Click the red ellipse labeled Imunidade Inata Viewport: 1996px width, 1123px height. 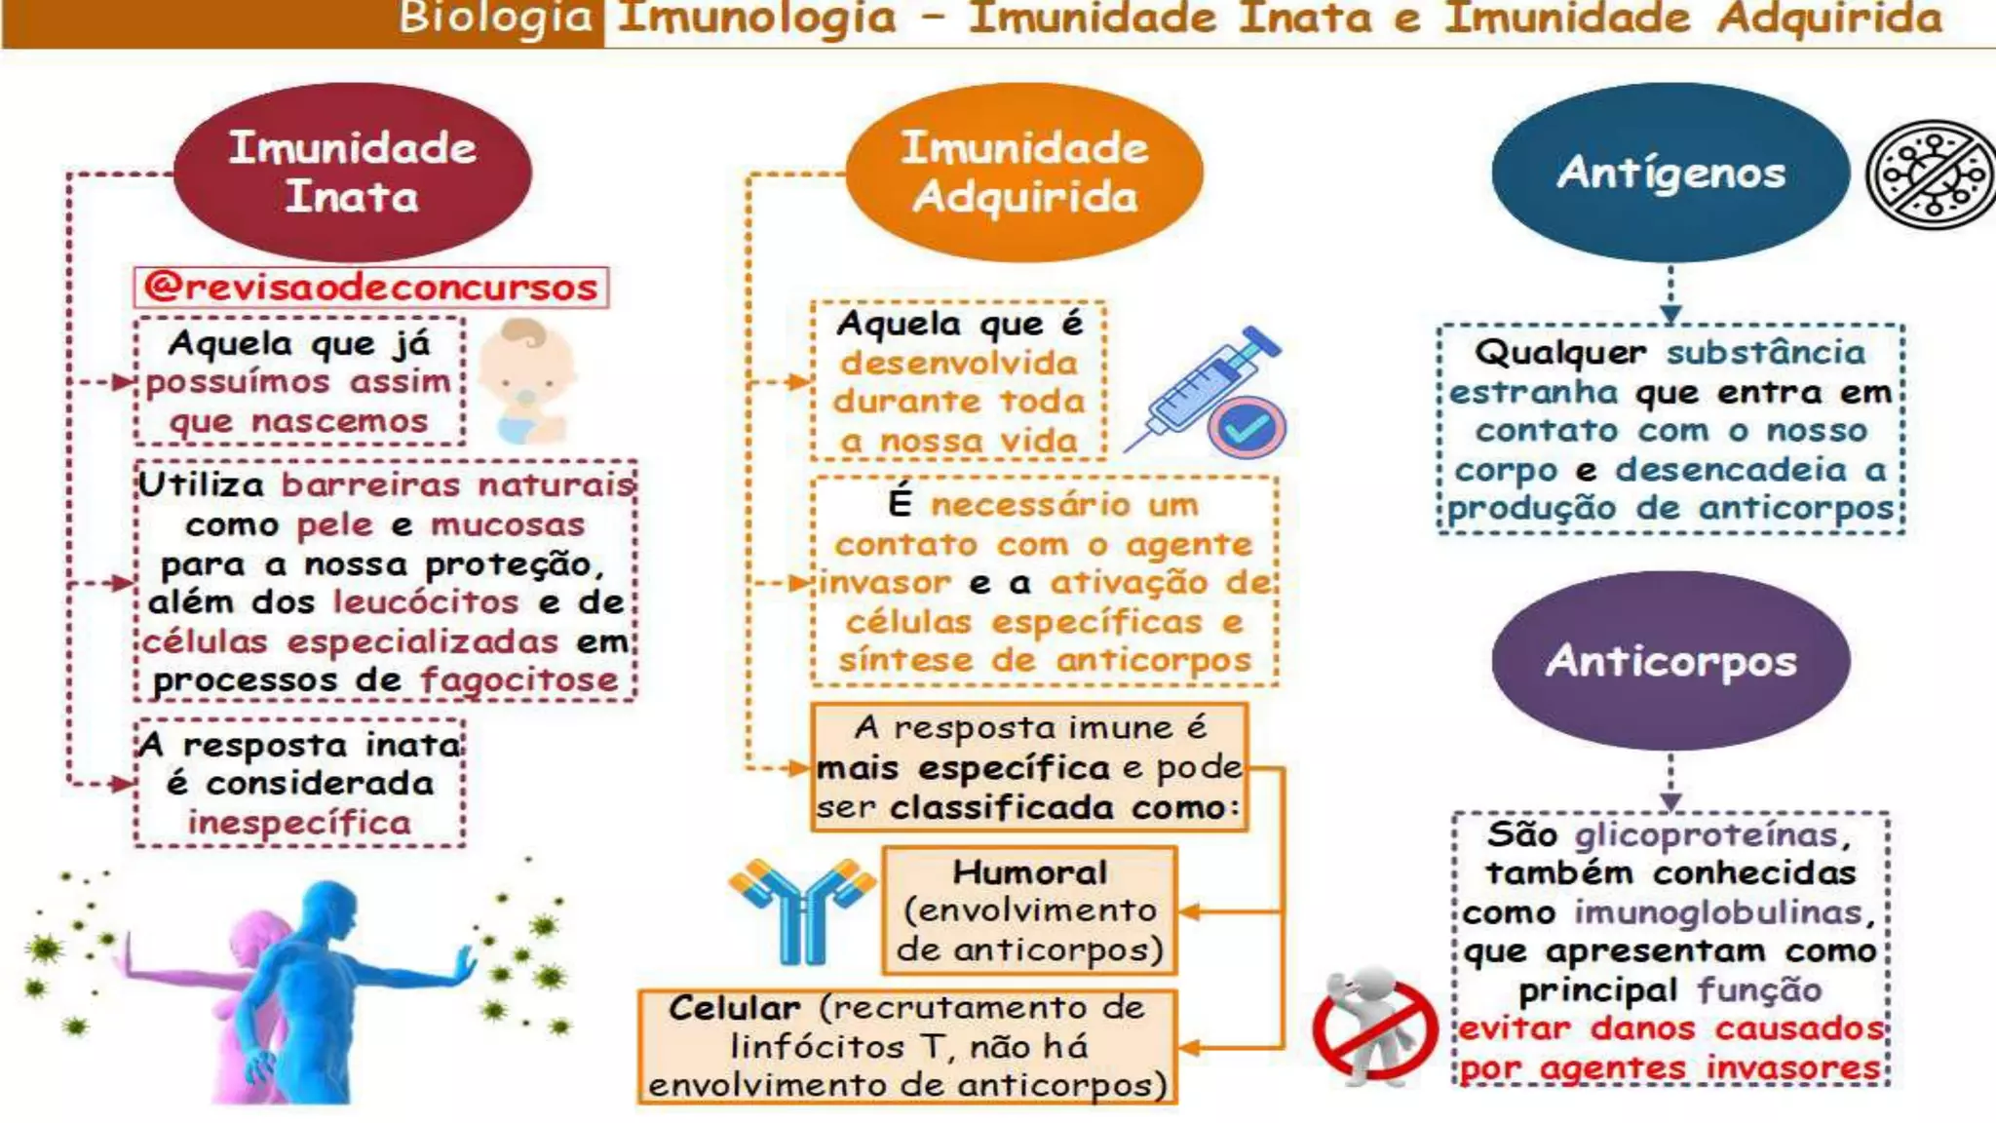point(353,172)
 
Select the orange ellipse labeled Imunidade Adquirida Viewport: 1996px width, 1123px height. point(1024,172)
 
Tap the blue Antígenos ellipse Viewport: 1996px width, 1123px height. point(1670,173)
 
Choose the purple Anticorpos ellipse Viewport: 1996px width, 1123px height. point(1670,660)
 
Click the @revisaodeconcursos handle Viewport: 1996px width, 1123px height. point(370,288)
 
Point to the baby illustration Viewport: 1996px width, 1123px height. point(527,381)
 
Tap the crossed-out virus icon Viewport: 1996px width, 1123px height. point(1931,174)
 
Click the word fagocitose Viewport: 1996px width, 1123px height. point(519,680)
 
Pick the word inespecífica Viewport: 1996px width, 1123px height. point(299,823)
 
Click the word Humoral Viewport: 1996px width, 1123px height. point(1029,871)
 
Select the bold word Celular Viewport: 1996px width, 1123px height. point(734,1007)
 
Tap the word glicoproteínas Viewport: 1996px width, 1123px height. point(1706,834)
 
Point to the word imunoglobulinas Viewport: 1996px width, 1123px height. point(1718,912)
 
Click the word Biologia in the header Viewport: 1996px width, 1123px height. point(495,18)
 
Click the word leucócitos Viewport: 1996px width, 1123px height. point(426,602)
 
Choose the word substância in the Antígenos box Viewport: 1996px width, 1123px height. point(1765,352)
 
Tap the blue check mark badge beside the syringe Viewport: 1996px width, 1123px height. point(1247,427)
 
